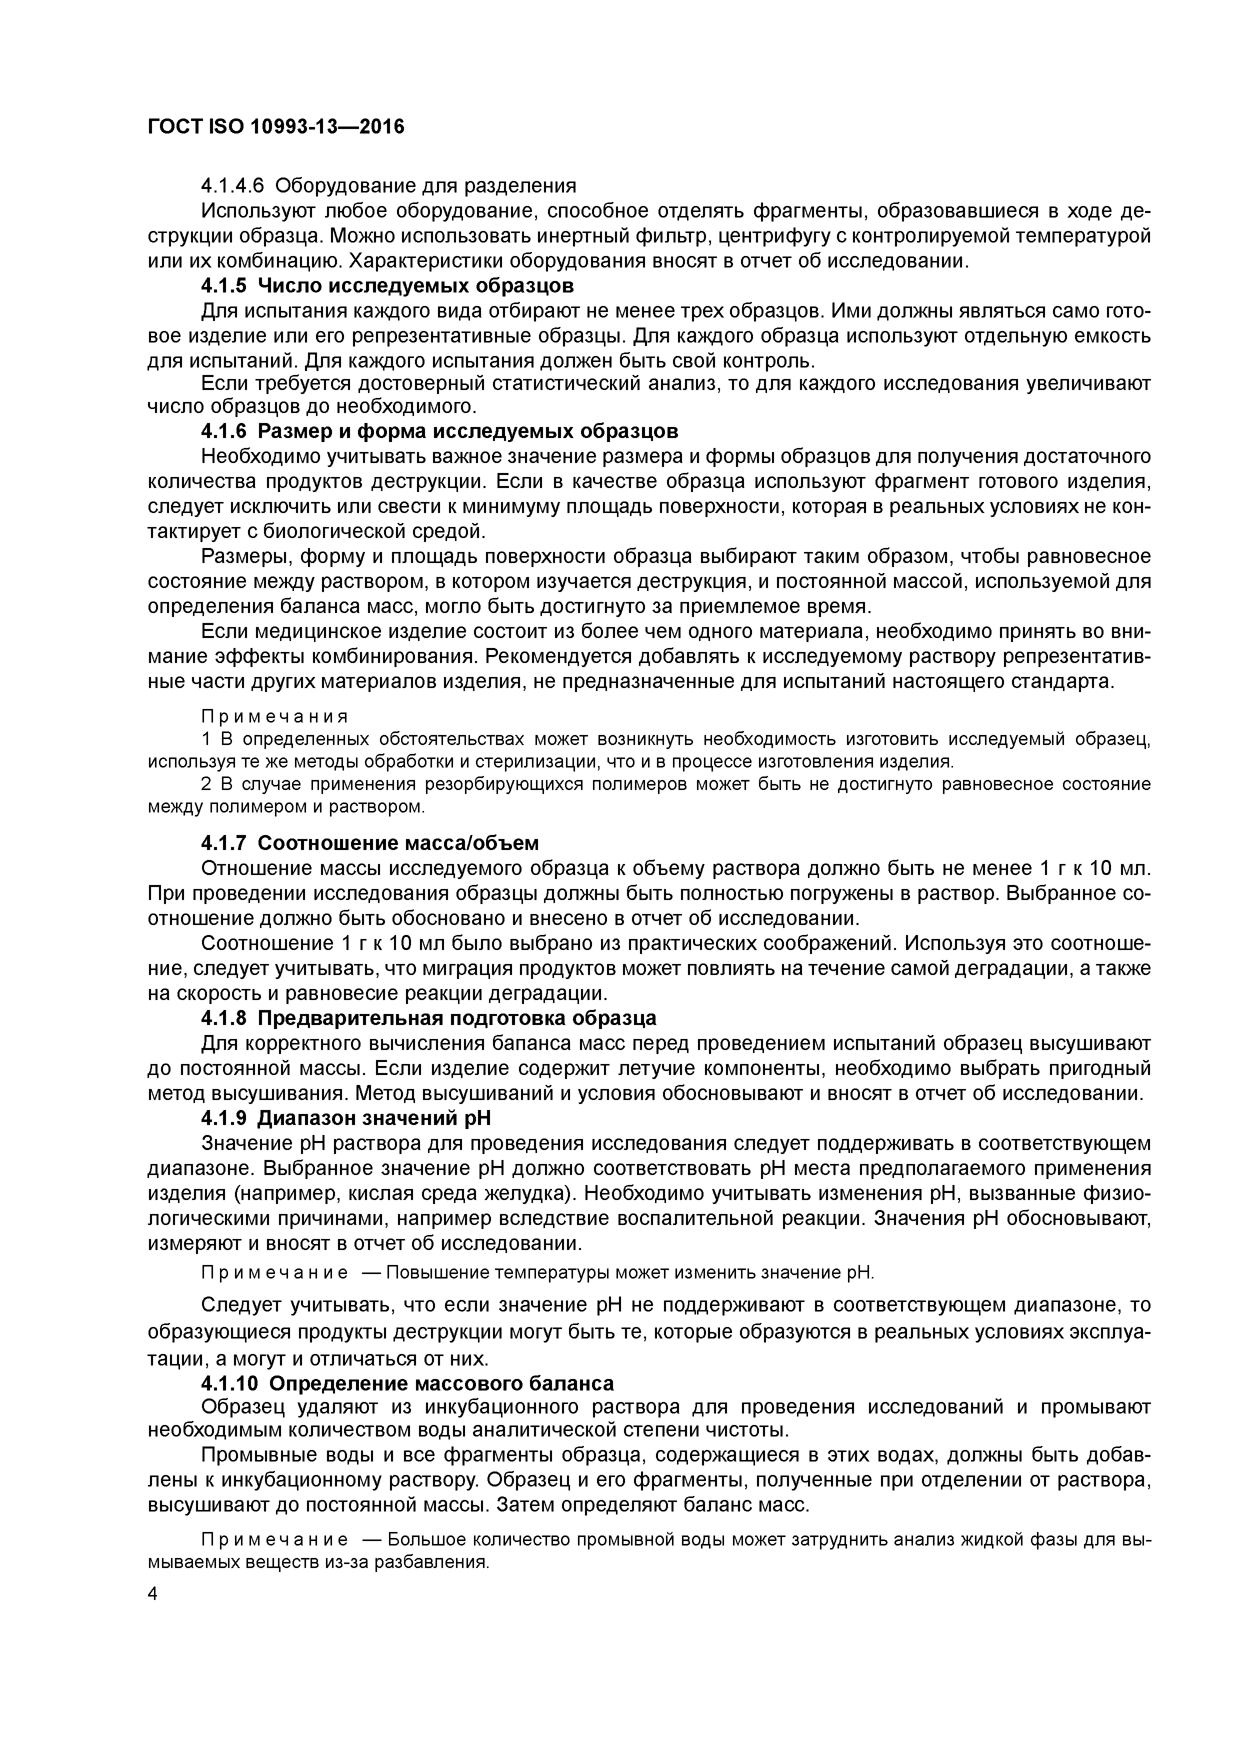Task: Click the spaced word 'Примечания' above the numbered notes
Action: click(274, 716)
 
